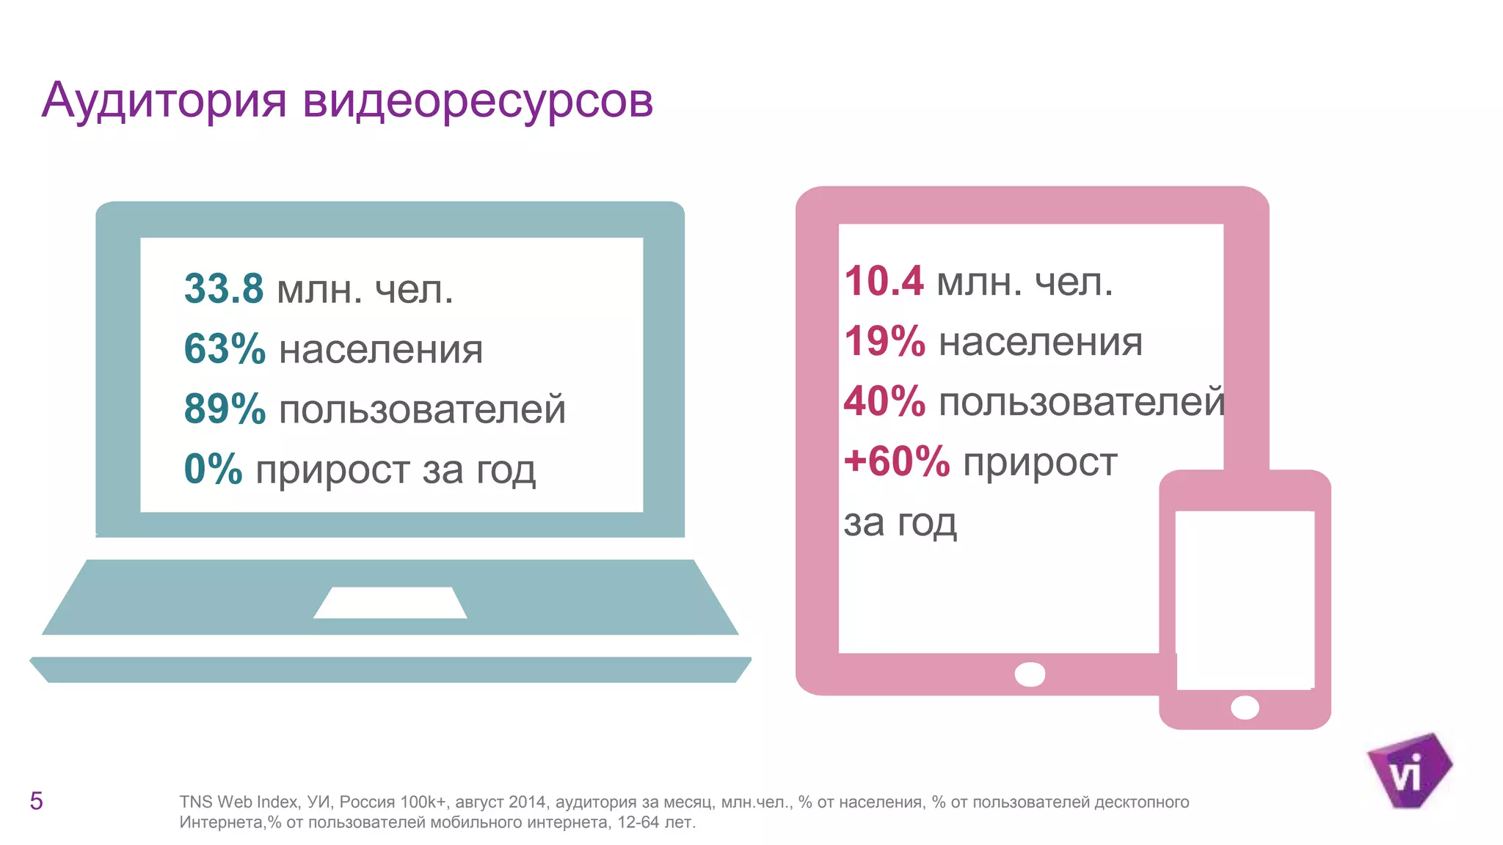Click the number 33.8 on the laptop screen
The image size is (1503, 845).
tap(224, 288)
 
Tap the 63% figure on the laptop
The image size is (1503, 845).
tap(225, 348)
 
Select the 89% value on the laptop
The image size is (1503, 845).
tap(225, 409)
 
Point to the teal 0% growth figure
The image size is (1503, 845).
tap(213, 469)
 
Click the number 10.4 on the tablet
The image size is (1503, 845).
tap(884, 281)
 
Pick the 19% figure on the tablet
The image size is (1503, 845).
tap(885, 341)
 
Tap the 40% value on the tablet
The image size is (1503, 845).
tap(885, 401)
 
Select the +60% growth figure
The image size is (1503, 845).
tap(897, 461)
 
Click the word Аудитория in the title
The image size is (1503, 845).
tap(164, 100)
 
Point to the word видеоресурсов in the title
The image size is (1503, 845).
tap(477, 100)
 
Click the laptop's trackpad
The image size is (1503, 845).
tap(390, 602)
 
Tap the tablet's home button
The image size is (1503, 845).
tap(1030, 674)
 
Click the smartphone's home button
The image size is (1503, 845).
tap(1245, 708)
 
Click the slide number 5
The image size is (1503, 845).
tap(36, 801)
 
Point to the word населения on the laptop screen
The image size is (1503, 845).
tap(381, 349)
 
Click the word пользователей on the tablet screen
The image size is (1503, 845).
tap(1082, 402)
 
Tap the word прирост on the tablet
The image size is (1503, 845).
tap(1040, 462)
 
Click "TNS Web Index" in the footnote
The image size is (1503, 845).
tap(239, 802)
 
